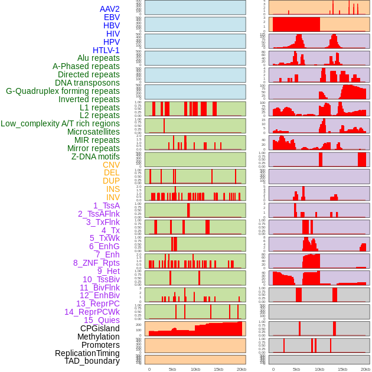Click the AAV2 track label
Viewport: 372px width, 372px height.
[x=109, y=9]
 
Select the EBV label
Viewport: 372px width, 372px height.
[x=112, y=17]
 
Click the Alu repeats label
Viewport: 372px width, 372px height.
[x=98, y=58]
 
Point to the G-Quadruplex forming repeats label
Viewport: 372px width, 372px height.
[x=63, y=91]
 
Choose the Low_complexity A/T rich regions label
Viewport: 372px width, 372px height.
[x=60, y=123]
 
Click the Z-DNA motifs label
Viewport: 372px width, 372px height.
[x=95, y=156]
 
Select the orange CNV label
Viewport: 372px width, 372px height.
[x=111, y=165]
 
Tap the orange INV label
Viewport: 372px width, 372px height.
[x=113, y=197]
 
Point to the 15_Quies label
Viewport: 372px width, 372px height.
[x=102, y=320]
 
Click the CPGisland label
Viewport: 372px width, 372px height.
[x=100, y=328]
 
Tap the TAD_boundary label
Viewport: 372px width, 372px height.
[x=92, y=361]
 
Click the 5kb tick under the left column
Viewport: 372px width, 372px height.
[x=172, y=369]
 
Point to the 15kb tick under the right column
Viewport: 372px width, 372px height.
[x=342, y=369]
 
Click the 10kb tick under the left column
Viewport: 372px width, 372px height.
[x=195, y=369]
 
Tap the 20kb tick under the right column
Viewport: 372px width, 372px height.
[x=366, y=369]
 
